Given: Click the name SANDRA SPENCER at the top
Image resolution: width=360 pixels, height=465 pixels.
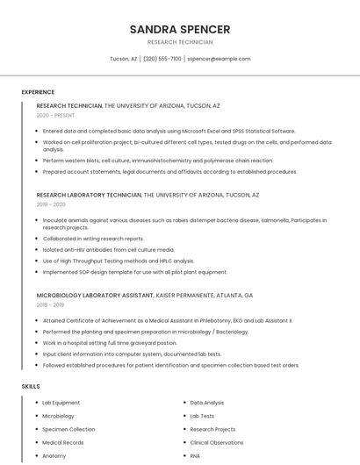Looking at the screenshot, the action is pyautogui.click(x=179, y=29).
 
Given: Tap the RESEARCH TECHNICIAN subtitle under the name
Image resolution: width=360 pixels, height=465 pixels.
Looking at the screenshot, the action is pyautogui.click(x=179, y=42).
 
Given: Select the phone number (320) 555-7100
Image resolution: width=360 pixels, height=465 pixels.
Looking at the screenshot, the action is pyautogui.click(x=162, y=59).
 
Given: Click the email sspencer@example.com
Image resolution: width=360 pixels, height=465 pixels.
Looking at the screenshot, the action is pyautogui.click(x=219, y=59).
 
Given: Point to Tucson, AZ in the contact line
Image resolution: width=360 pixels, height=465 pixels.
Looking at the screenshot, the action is pyautogui.click(x=123, y=59).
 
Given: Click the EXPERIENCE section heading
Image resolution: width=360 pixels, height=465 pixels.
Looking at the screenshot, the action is pyautogui.click(x=38, y=92).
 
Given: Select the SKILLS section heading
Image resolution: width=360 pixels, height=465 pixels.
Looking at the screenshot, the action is pyautogui.click(x=31, y=386).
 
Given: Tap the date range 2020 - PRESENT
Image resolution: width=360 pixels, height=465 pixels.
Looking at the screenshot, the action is pyautogui.click(x=55, y=115).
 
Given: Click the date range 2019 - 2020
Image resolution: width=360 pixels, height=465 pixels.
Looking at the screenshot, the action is pyautogui.click(x=52, y=204).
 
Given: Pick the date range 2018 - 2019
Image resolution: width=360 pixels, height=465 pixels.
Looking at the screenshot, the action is pyautogui.click(x=51, y=305).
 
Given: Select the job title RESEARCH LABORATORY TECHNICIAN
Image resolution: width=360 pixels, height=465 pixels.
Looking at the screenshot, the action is pyautogui.click(x=89, y=195).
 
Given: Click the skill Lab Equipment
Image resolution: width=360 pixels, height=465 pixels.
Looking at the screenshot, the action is pyautogui.click(x=61, y=403).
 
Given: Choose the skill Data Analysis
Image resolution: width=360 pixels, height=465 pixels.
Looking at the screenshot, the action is pyautogui.click(x=207, y=403).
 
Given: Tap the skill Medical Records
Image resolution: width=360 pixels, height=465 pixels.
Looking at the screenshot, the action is pyautogui.click(x=62, y=443).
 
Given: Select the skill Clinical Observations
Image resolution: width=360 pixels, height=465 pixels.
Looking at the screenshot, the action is pyautogui.click(x=217, y=443).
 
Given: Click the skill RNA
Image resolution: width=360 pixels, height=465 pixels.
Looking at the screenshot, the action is pyautogui.click(x=195, y=456).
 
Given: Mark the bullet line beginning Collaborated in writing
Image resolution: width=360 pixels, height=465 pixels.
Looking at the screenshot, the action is pyautogui.click(x=93, y=239).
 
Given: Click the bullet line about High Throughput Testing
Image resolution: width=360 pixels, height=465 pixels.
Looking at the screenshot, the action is pyautogui.click(x=119, y=261).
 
